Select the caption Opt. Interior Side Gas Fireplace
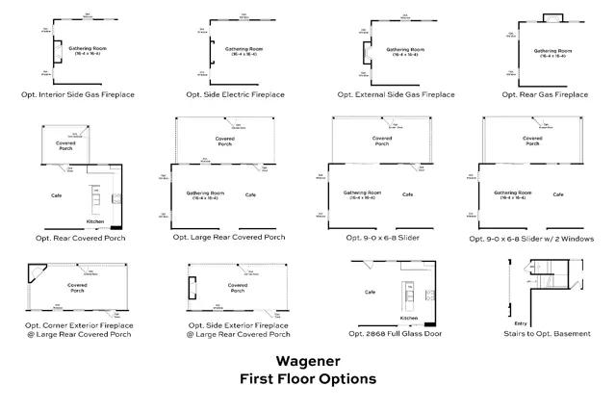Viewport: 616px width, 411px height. click(x=79, y=95)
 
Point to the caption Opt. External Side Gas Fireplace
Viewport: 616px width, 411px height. click(x=397, y=95)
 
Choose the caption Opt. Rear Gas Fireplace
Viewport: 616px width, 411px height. click(x=545, y=95)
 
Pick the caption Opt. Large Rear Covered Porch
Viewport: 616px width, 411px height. click(x=229, y=237)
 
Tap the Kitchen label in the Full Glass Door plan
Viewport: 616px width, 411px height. click(x=409, y=317)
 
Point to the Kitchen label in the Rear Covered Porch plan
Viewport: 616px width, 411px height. click(x=95, y=221)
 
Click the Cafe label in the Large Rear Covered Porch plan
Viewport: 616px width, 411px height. click(x=251, y=195)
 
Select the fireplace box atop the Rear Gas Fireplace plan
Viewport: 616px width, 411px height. click(x=552, y=19)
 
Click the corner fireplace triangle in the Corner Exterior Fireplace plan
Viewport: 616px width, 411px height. click(x=36, y=273)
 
